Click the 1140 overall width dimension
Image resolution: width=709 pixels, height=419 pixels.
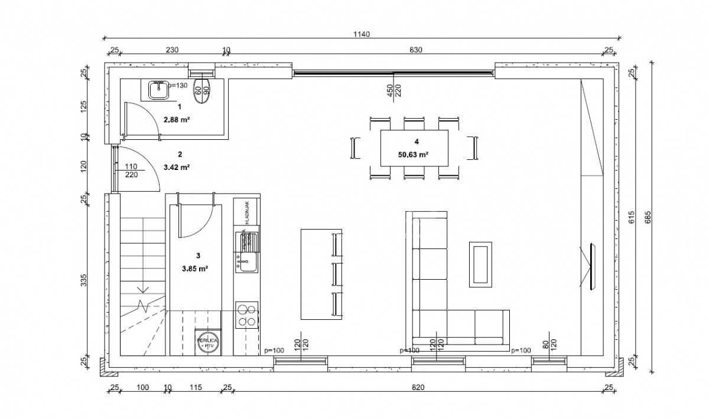pos(362,34)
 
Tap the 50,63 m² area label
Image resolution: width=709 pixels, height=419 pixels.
pos(413,155)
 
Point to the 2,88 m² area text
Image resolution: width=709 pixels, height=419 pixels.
pos(180,119)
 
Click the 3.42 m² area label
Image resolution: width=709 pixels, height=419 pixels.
pos(180,167)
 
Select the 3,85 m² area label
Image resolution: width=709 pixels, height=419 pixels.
pos(198,267)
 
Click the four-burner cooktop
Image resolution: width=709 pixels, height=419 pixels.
pos(246,315)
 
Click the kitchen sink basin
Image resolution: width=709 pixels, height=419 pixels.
pos(246,262)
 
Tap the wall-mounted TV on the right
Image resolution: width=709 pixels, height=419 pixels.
pos(593,266)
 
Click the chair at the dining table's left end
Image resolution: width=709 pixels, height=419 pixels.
pos(355,148)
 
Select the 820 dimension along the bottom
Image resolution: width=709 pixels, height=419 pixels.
pos(418,388)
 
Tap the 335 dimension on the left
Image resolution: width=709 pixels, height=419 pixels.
pos(84,280)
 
